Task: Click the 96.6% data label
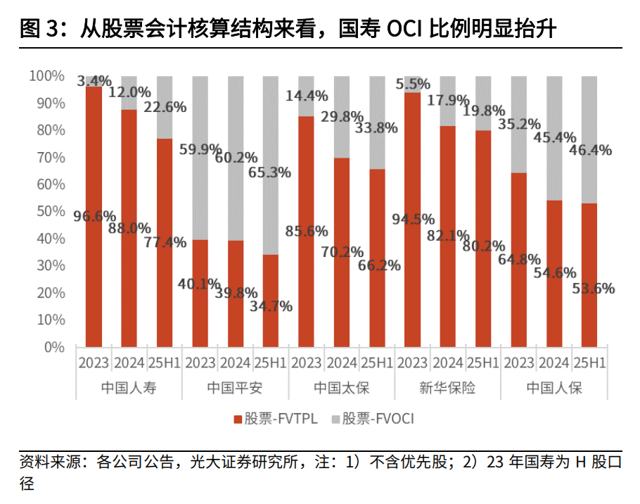[95, 216]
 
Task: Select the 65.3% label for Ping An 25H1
[270, 172]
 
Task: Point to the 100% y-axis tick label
[46, 75]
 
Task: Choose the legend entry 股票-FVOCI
[372, 419]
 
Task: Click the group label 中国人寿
[129, 388]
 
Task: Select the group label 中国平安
[235, 388]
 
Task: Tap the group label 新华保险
[447, 388]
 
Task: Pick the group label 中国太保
[341, 388]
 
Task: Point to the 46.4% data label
[591, 150]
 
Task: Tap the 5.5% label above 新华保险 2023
[413, 84]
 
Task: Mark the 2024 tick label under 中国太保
[343, 363]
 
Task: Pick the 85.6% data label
[307, 230]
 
